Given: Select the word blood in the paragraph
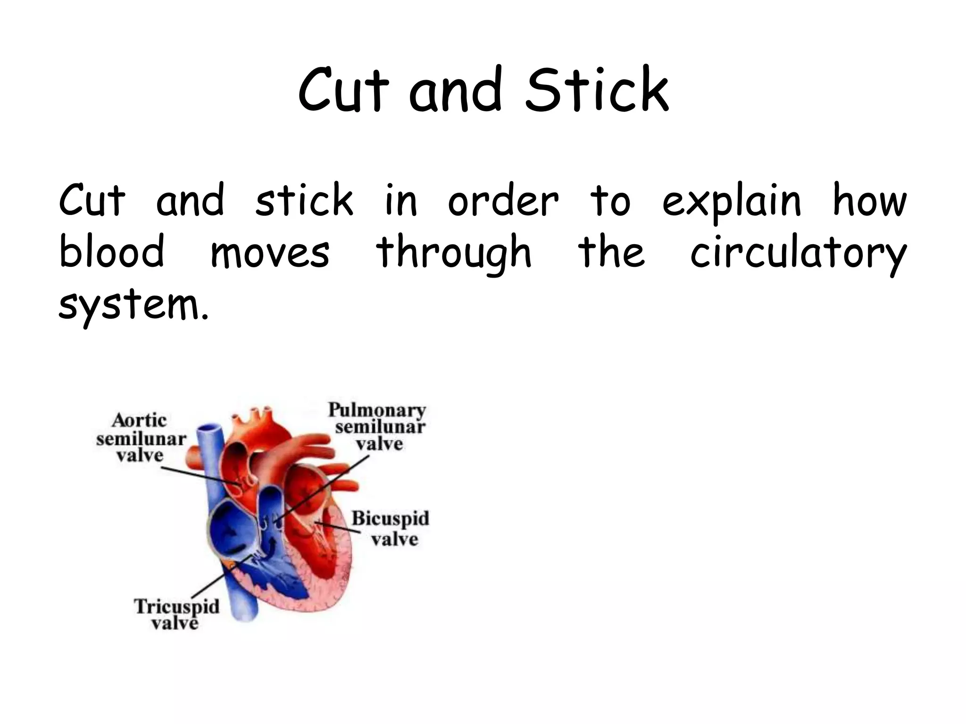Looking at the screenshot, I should click(x=112, y=251).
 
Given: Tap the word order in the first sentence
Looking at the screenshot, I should click(x=503, y=201).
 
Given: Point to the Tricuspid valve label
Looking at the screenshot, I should click(x=176, y=614).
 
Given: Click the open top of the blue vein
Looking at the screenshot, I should click(x=209, y=431).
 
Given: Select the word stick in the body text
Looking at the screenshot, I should click(x=304, y=200).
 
